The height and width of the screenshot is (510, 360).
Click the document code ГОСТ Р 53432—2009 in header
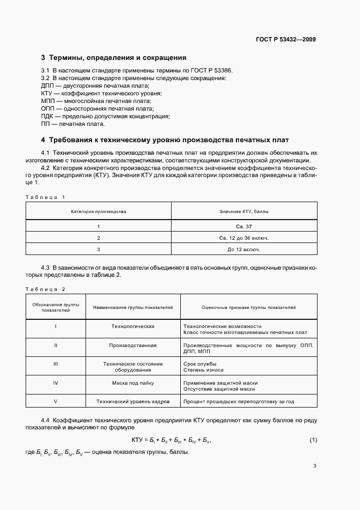pos(285,39)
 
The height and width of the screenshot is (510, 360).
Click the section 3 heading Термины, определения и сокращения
pos(114,57)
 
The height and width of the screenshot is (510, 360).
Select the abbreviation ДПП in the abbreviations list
pos(47,86)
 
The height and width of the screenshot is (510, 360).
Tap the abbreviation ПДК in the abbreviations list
pos(47,117)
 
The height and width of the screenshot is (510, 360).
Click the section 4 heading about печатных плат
pos(166,140)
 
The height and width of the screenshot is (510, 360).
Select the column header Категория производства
pos(99,211)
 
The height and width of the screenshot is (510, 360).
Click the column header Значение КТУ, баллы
pos(243,211)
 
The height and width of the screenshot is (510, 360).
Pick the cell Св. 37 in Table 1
pos(243,226)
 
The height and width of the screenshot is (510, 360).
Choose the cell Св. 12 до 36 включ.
pos(243,238)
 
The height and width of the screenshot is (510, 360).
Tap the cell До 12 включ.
pos(243,250)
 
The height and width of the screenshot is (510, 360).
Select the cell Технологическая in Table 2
pos(133,326)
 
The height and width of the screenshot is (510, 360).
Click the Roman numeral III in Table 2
pos(56,363)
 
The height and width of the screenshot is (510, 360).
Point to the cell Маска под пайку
pos(133,383)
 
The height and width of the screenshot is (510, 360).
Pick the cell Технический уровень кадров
pos(133,402)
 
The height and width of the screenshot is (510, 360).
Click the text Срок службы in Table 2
pos(200,363)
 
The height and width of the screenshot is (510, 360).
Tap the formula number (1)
pos(313,440)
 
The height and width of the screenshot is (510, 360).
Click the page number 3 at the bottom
pos(315,466)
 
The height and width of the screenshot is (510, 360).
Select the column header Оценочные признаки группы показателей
pos(248,307)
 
